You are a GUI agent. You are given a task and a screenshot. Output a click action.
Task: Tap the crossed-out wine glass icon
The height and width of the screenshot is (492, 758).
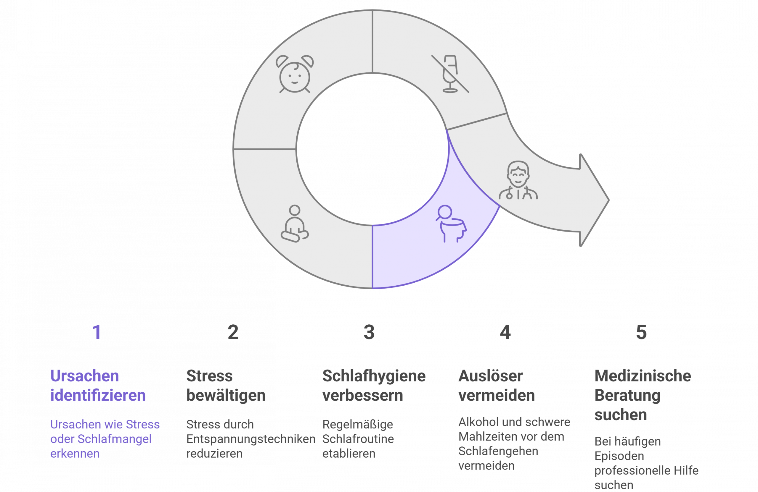[450, 74]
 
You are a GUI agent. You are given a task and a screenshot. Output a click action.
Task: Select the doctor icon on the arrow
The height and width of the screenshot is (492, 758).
[518, 180]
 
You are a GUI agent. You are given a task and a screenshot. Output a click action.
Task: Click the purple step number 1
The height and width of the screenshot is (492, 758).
[97, 332]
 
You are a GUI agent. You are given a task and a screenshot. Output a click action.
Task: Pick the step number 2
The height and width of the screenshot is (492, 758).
[233, 332]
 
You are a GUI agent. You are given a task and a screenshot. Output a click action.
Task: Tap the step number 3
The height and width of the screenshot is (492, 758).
[369, 332]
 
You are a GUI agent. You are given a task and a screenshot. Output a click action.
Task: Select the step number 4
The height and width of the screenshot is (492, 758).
[505, 332]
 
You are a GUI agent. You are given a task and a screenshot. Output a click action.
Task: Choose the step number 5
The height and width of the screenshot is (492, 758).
[641, 332]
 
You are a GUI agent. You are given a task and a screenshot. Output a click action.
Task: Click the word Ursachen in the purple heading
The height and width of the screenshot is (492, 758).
[85, 376]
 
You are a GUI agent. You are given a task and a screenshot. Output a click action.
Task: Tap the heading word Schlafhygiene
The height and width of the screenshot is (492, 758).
[374, 376]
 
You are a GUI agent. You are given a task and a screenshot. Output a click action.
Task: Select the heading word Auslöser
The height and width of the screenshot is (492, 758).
[490, 376]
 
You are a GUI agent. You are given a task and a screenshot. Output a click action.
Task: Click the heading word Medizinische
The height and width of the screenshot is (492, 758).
[643, 376]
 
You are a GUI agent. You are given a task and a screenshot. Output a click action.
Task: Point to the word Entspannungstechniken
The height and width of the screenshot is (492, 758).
[251, 439]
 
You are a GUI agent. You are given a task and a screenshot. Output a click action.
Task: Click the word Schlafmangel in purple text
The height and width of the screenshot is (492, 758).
[114, 439]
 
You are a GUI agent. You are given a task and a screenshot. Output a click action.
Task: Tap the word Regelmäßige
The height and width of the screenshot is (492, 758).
[358, 425]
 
